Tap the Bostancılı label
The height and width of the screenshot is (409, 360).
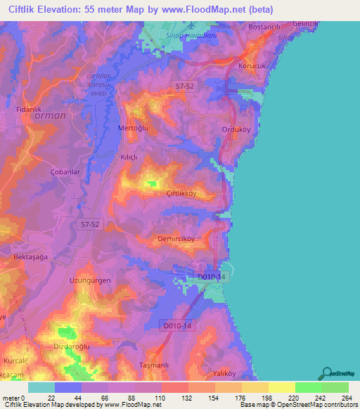click(264, 27)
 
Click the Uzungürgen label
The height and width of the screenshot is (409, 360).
click(90, 280)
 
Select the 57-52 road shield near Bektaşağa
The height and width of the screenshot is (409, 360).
click(89, 222)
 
